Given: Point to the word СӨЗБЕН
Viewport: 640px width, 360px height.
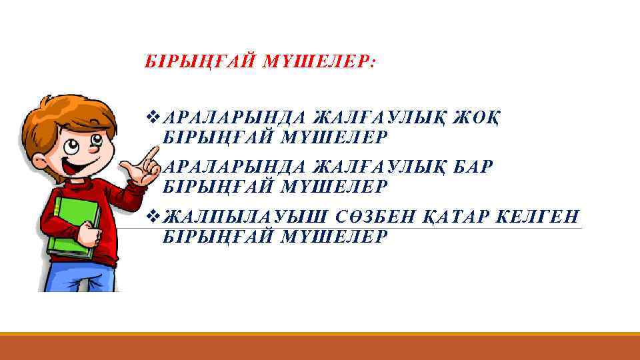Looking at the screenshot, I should [373, 217].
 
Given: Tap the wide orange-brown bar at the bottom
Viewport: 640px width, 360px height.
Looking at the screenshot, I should [320, 347].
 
